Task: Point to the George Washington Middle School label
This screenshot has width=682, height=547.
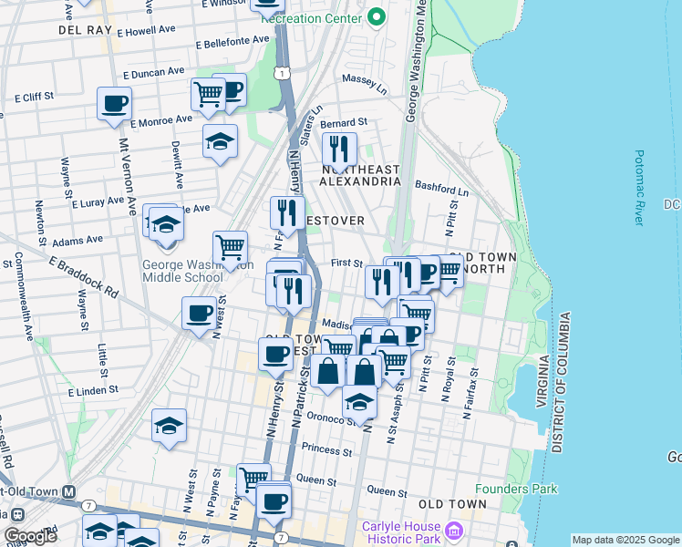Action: (182, 271)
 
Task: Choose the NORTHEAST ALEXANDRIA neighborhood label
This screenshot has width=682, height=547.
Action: (360, 175)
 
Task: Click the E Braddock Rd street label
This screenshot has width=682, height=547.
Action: (84, 277)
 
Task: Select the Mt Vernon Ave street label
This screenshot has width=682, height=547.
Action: (127, 183)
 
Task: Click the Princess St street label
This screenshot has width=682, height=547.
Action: (326, 450)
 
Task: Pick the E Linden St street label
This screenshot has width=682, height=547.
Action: (94, 391)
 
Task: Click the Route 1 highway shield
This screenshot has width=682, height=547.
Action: (284, 73)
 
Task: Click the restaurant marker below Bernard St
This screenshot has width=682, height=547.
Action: (339, 148)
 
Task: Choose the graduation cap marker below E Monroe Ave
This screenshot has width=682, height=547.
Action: (220, 140)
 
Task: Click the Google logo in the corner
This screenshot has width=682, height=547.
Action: (30, 535)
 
